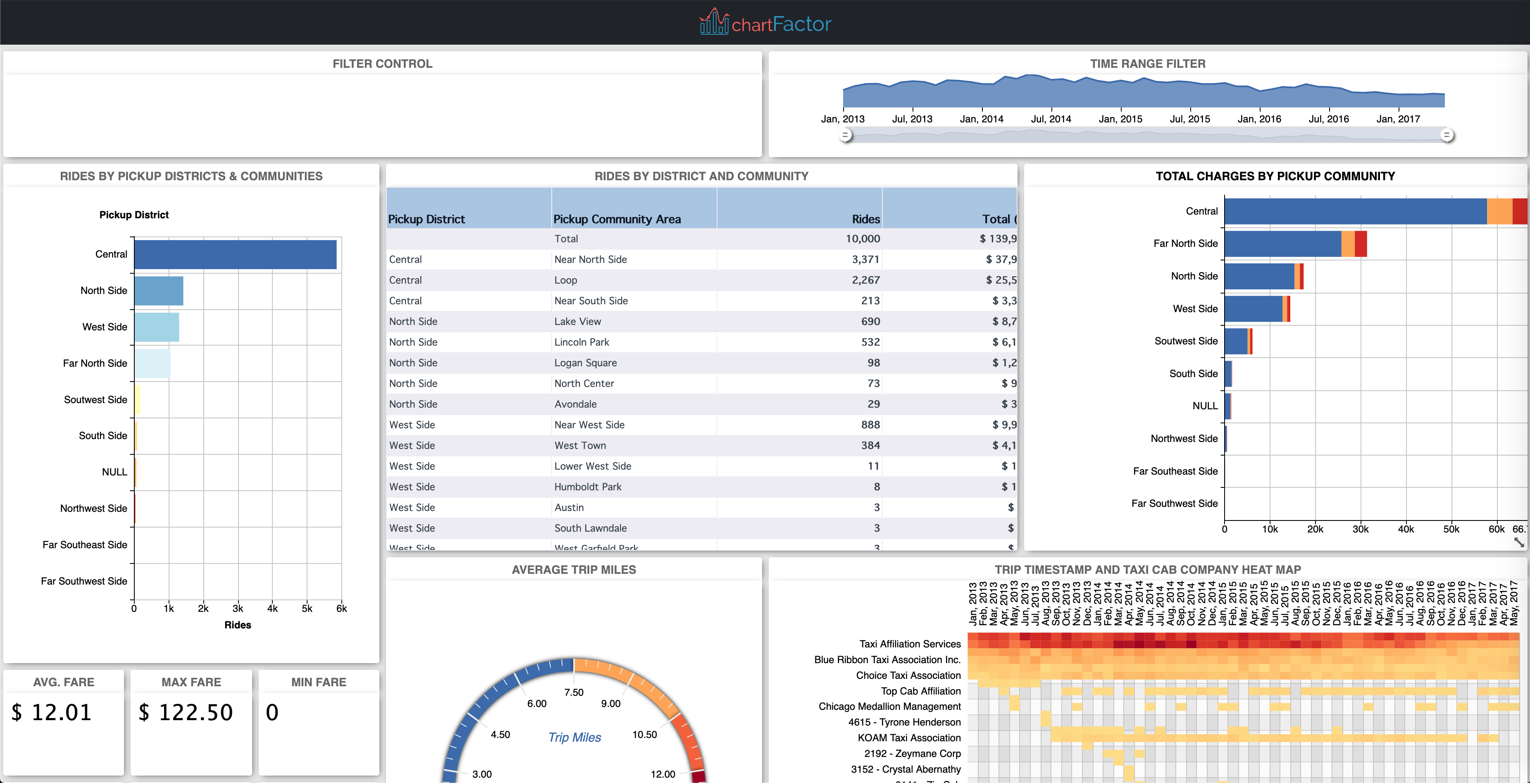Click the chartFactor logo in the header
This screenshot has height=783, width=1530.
pos(765,23)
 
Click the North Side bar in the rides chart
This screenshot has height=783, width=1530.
pos(159,291)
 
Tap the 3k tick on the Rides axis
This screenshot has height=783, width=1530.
pos(238,609)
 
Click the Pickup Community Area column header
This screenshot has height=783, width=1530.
pos(617,219)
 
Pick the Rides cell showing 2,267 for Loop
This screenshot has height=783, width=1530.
pos(865,280)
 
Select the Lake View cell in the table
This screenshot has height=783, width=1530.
pos(577,321)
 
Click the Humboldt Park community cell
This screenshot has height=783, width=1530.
pos(587,487)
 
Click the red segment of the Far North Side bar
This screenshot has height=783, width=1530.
pos(1361,243)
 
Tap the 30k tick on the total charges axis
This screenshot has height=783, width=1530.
pos(1360,529)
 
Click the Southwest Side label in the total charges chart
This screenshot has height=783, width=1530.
pos(1185,341)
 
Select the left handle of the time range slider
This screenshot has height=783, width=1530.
pos(846,136)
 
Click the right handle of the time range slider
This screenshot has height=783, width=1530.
pos(1447,136)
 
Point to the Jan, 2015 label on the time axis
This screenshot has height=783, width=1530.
pos(1120,119)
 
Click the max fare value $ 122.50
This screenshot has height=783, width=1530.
pos(186,712)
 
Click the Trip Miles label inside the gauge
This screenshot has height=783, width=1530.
pos(574,737)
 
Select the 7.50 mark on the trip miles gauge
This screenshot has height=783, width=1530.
pos(574,692)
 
